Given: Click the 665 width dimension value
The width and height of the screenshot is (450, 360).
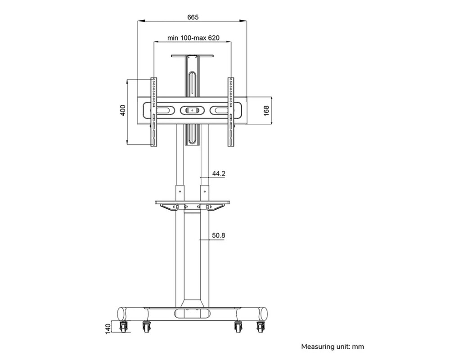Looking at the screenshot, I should [x=193, y=17].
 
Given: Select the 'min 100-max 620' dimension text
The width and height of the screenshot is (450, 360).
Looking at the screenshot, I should [x=193, y=38].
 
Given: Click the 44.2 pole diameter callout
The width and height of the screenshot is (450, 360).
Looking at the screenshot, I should [x=218, y=174].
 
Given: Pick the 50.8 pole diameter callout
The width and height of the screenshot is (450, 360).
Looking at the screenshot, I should [x=218, y=235].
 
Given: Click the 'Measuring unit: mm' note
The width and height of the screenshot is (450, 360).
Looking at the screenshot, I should [x=333, y=346].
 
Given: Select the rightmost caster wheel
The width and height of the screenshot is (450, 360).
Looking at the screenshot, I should [x=261, y=327].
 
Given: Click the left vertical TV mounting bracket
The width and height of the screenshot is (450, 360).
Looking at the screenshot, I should [x=154, y=112].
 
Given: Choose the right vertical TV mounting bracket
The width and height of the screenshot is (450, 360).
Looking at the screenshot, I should [x=231, y=112].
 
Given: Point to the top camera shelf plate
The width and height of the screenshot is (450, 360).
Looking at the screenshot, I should [x=192, y=56].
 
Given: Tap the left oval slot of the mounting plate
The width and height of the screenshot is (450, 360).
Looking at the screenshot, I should [x=166, y=110].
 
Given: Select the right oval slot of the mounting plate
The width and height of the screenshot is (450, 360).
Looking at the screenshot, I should [x=219, y=110].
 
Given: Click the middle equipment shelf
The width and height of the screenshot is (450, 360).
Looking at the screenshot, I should [x=192, y=203].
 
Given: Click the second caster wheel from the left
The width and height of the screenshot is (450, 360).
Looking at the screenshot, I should [x=146, y=327].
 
